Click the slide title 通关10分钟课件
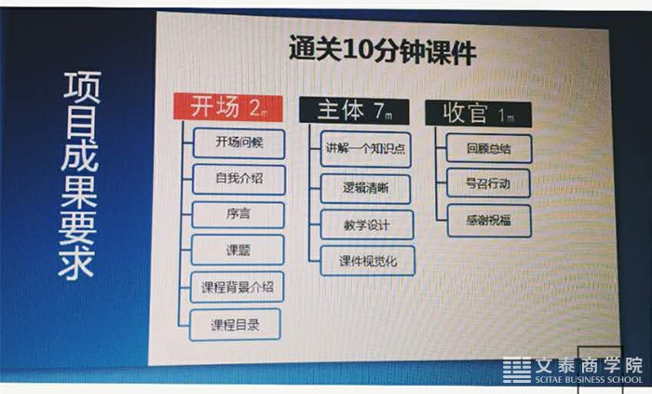pos(383,50)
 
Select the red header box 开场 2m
pos(228,107)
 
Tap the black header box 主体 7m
pos(354,111)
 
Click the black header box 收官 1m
pos(478,114)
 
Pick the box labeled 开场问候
pos(239,143)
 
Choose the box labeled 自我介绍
pos(239,180)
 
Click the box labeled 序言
pos(238,215)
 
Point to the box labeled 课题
pos(238,250)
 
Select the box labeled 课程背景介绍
pos(237,287)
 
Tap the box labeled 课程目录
pos(235,324)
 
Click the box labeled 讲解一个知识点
pos(366,149)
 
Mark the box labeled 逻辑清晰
pos(365,189)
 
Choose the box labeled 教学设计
pos(367,224)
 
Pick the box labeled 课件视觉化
pos(368,261)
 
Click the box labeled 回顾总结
pos(489,148)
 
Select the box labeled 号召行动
pos(489,183)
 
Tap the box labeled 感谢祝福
pos(489,220)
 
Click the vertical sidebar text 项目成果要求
pos(79,175)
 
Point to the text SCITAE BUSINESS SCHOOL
pos(589,379)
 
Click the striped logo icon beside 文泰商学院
pos(517,370)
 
